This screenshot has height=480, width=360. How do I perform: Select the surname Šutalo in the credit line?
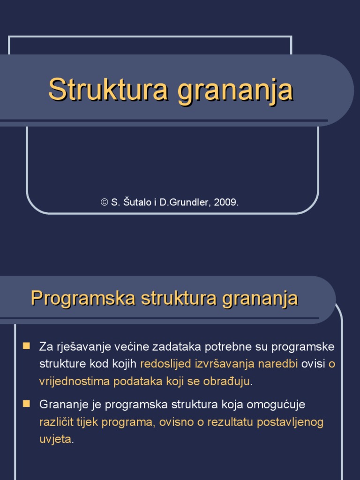coord(135,202)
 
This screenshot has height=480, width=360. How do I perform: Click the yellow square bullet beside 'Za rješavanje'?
coord(27,346)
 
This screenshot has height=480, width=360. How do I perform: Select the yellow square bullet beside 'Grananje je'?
coord(27,403)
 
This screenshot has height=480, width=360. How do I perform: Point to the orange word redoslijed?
coord(165,364)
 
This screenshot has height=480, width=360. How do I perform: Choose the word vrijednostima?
coord(74,381)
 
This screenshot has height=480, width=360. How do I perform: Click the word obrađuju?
coord(227,381)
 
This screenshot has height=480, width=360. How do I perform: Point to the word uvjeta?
coord(56,439)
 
